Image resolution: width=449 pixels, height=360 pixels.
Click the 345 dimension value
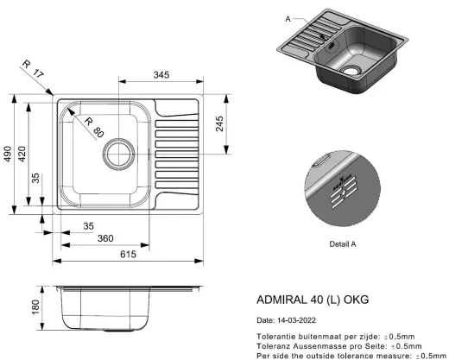(161, 77)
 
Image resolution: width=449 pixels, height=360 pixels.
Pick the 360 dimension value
(105, 238)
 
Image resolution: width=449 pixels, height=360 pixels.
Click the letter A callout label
(288, 18)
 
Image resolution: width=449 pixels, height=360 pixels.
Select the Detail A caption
(343, 243)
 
